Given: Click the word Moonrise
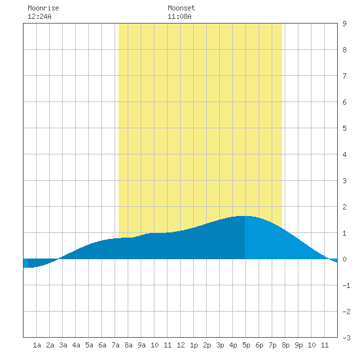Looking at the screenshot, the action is pyautogui.click(x=43, y=8).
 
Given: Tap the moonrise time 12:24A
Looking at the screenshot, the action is pyautogui.click(x=39, y=16).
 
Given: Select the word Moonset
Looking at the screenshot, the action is pyautogui.click(x=181, y=8).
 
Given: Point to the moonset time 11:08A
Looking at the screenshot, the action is pyautogui.click(x=179, y=16).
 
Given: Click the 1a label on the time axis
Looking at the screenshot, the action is pyautogui.click(x=37, y=345).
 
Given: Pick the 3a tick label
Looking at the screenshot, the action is pyautogui.click(x=63, y=345).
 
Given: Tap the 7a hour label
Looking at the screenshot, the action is pyautogui.click(x=115, y=345).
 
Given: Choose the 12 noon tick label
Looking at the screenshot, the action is pyautogui.click(x=181, y=345).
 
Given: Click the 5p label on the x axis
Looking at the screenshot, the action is pyautogui.click(x=246, y=345).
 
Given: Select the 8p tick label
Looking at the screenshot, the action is pyautogui.click(x=285, y=345).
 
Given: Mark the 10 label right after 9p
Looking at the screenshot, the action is pyautogui.click(x=312, y=345).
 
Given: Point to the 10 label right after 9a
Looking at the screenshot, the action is pyautogui.click(x=154, y=345).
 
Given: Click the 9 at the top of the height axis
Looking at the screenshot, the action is pyautogui.click(x=344, y=24).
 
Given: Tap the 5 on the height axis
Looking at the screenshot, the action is pyautogui.click(x=344, y=128).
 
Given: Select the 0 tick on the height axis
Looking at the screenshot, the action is pyautogui.click(x=344, y=259).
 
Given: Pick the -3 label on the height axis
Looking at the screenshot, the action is pyautogui.click(x=346, y=338).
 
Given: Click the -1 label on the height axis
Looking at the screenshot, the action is pyautogui.click(x=346, y=285).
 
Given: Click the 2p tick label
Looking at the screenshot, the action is pyautogui.click(x=207, y=345).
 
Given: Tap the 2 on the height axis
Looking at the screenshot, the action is pyautogui.click(x=344, y=207).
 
